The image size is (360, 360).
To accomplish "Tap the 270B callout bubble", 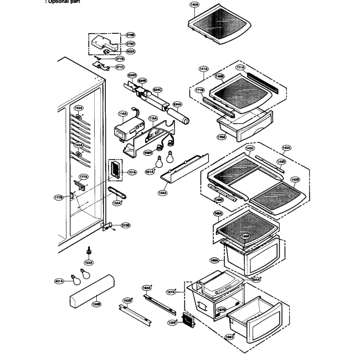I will [x=131, y=35].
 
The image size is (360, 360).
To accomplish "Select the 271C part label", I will [x=119, y=68].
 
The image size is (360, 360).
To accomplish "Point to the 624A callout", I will [x=177, y=103].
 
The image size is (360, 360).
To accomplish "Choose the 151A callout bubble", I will [x=132, y=172].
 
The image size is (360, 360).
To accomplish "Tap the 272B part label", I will [x=126, y=225].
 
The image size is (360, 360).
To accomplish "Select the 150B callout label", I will [x=96, y=304].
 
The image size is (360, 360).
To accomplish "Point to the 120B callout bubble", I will [x=172, y=322].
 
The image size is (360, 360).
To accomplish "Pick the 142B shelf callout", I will [x=295, y=179].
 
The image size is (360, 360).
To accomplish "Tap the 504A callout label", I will [x=255, y=280].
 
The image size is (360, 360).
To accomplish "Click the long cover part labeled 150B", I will [x=91, y=291].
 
